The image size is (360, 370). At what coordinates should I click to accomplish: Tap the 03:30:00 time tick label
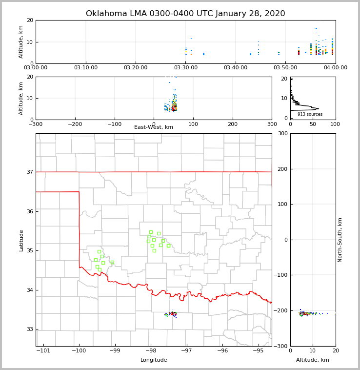coord(185,67)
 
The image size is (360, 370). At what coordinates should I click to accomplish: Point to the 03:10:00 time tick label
coord(85,67)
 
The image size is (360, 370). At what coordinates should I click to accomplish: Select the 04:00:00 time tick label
coord(335,67)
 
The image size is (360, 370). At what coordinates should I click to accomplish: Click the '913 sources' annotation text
coord(310,114)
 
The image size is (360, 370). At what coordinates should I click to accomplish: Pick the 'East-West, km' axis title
coord(154,127)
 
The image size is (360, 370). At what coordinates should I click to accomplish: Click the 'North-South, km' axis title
coord(340,240)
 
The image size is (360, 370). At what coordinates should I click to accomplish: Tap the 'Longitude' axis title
coord(154,360)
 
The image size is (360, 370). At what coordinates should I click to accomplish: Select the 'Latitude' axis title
coord(21,240)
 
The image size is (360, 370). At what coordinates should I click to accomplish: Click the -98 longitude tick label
coord(150,350)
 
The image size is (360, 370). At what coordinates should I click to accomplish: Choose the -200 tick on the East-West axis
coord(75,124)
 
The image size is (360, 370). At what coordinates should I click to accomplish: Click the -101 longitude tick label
coord(43,350)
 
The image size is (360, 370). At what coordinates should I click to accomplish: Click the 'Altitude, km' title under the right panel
coord(313,360)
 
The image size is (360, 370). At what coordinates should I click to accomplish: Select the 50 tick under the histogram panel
coord(313,124)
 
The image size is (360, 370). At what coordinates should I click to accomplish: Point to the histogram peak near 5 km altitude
coord(317,108)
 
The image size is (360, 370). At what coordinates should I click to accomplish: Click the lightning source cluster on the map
coord(172,314)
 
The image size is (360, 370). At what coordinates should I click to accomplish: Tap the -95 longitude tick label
coord(258,350)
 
